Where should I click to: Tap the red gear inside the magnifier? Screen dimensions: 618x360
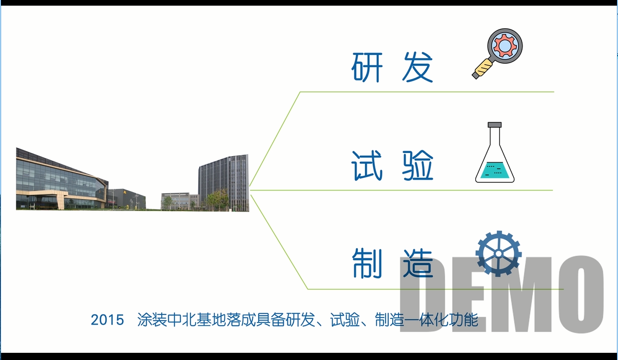505,45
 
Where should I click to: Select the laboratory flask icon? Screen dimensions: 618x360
495,153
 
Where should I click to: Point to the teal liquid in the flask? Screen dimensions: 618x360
495,170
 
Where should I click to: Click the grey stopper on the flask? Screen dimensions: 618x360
495,125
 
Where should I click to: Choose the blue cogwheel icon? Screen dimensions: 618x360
498,254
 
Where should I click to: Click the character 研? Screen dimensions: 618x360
367,67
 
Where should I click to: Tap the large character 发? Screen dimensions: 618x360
417,67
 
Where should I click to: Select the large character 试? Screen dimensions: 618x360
367,165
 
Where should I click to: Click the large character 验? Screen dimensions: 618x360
417,165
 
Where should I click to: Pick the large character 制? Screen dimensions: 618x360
367,263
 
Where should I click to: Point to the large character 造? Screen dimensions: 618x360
417,263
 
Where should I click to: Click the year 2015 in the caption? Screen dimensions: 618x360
107,320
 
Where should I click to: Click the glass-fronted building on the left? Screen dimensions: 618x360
62,179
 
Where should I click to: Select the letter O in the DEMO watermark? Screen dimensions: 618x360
581,294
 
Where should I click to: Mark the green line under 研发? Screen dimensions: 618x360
427,92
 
